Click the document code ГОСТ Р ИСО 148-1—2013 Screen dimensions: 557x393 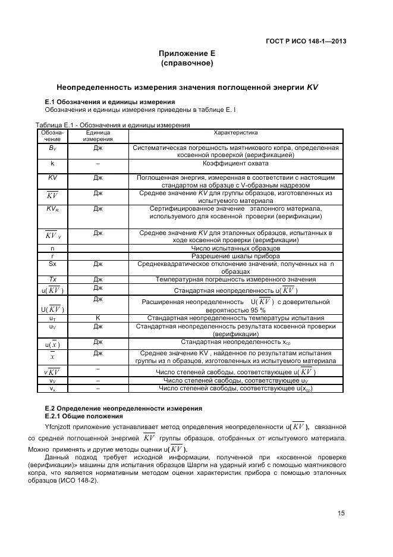coord(304,41)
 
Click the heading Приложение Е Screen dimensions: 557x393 coord(187,54)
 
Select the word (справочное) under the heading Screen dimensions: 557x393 coord(187,62)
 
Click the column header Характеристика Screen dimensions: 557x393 coord(235,133)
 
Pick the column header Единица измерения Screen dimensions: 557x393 coord(98,136)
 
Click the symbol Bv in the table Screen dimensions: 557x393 coord(52,148)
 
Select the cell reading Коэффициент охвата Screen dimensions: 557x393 coord(235,163)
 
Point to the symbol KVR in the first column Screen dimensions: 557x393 coord(52,209)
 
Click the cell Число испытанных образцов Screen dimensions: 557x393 coord(235,248)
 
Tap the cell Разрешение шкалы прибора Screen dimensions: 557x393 coord(235,255)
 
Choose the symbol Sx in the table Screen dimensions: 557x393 coord(52,263)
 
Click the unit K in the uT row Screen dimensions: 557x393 coord(98,318)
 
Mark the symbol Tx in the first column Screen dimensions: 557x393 coord(52,279)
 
